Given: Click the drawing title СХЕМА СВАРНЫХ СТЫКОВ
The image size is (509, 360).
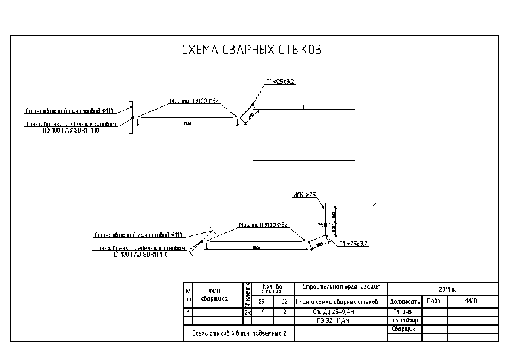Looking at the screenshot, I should [251, 50].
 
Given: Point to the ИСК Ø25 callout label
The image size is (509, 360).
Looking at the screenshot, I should [304, 195].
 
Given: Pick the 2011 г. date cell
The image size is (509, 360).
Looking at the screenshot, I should [448, 289].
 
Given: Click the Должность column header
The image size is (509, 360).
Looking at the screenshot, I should [404, 301].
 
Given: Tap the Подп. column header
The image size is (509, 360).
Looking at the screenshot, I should [434, 301].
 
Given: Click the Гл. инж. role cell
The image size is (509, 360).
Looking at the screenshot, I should [403, 312].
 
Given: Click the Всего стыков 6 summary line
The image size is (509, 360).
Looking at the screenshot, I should [239, 333].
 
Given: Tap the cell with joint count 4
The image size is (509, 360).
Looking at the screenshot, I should [262, 312].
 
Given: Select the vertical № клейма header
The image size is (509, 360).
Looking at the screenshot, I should [247, 294].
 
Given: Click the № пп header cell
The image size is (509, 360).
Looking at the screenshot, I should [188, 295].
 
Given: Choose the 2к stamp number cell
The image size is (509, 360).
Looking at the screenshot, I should [247, 313].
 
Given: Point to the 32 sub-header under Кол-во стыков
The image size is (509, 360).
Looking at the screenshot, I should [284, 301].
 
